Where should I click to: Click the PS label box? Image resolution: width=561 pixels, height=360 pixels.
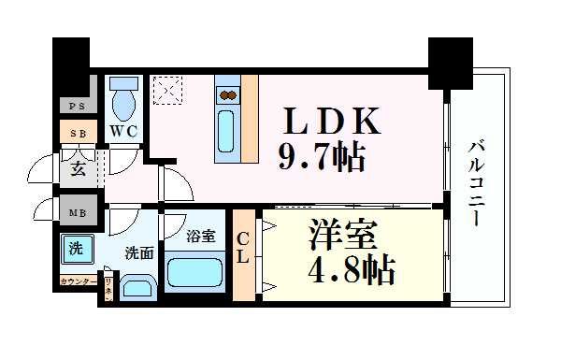click(x=77, y=107)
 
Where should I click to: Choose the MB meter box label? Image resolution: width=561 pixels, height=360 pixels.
click(x=77, y=212)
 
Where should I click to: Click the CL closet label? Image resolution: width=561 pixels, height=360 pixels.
click(x=242, y=249)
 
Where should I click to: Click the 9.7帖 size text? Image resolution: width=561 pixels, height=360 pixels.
click(x=319, y=156)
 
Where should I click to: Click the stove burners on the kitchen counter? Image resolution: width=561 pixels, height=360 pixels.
click(x=228, y=94)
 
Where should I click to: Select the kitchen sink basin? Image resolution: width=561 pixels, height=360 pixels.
click(x=227, y=134)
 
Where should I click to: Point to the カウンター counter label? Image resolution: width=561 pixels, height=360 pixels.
click(x=79, y=281)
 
